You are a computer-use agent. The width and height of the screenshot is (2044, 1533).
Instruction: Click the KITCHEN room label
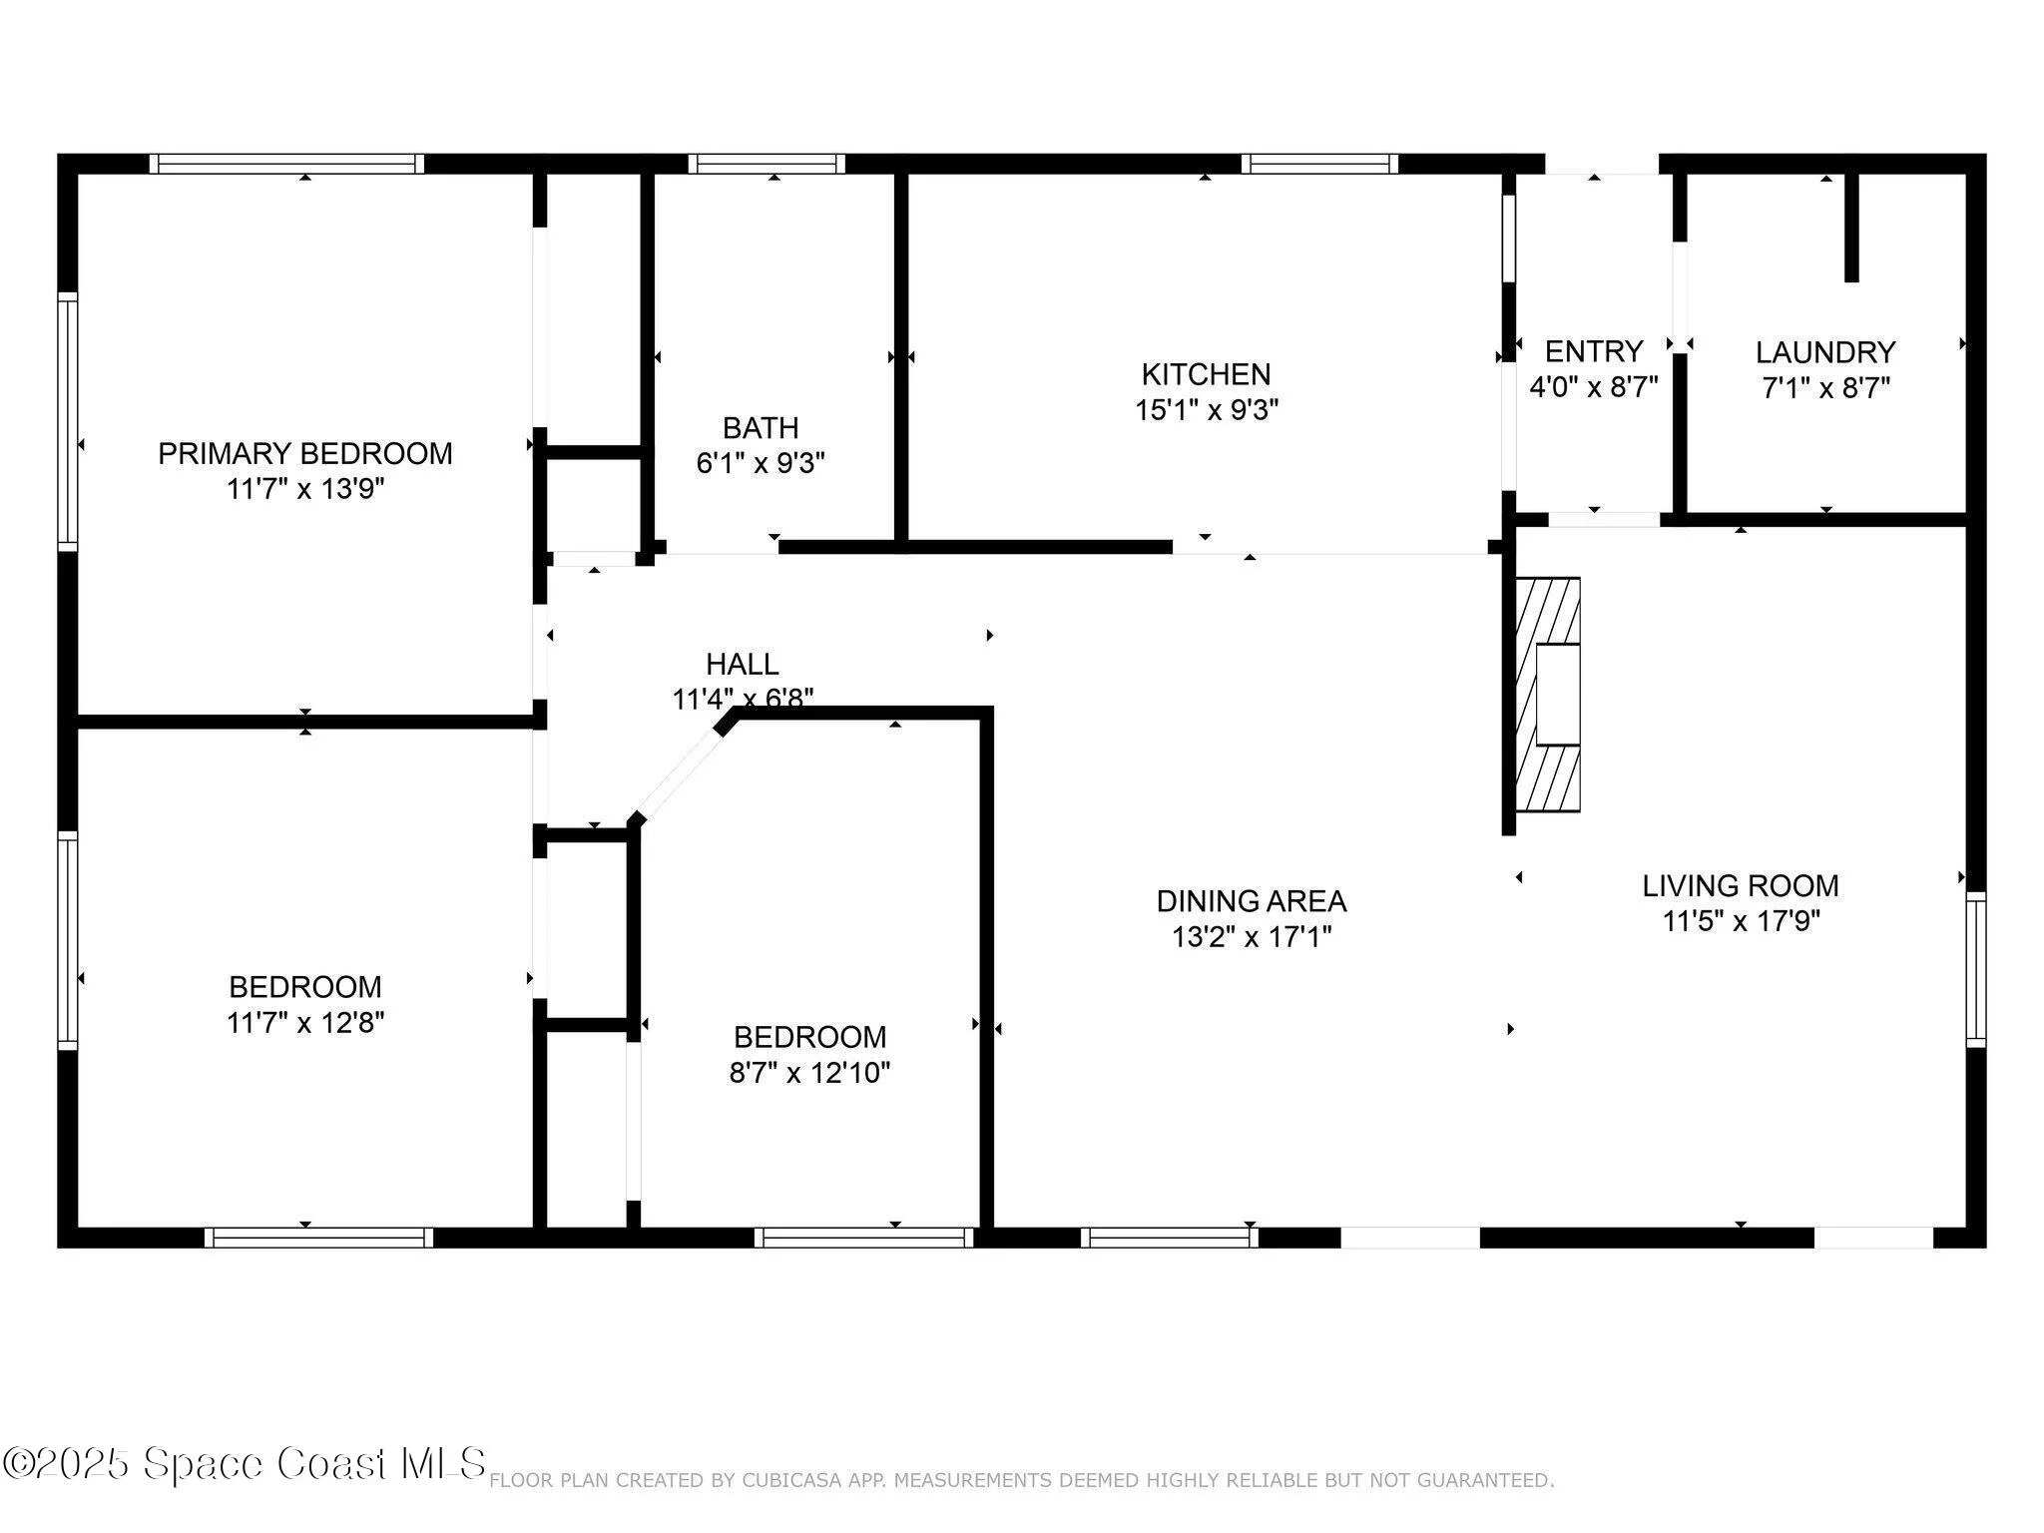click(x=1206, y=374)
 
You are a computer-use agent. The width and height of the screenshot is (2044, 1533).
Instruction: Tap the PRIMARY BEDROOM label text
click(x=305, y=453)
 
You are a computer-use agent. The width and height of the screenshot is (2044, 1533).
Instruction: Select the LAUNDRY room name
click(x=1825, y=352)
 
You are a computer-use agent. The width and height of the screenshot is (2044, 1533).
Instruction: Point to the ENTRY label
click(x=1594, y=351)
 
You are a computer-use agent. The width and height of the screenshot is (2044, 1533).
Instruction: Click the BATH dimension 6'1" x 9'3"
click(x=761, y=463)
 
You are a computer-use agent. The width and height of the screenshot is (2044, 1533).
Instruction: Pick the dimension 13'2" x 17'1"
click(x=1252, y=936)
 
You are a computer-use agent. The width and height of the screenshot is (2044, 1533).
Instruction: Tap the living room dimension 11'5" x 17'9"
click(x=1741, y=920)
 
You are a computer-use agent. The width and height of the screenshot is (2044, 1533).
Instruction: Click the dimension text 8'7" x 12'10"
click(x=809, y=1072)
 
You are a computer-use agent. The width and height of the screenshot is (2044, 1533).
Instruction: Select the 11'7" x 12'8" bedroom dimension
click(x=305, y=1022)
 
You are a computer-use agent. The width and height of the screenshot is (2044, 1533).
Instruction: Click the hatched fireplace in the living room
click(x=1548, y=694)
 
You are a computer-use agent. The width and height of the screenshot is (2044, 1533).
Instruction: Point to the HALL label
click(x=743, y=664)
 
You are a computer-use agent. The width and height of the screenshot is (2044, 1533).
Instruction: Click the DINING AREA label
click(x=1252, y=901)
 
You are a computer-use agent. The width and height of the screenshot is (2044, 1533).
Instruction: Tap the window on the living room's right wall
click(x=1976, y=970)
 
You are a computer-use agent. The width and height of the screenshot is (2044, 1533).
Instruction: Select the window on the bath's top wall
click(x=766, y=164)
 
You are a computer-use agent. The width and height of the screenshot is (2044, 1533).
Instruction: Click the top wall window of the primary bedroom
click(x=287, y=164)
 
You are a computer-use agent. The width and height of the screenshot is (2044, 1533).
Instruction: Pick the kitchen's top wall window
click(x=1319, y=164)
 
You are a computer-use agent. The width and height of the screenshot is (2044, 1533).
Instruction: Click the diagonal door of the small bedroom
click(x=679, y=772)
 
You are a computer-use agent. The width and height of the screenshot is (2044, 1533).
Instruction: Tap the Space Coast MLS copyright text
click(x=244, y=1464)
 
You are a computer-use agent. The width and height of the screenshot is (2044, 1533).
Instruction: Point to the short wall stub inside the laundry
click(x=1851, y=228)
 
